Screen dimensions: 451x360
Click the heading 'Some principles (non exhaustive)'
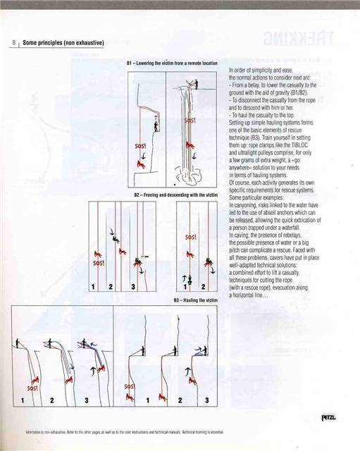click(x=63, y=43)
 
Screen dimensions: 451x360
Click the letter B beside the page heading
click(x=13, y=43)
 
